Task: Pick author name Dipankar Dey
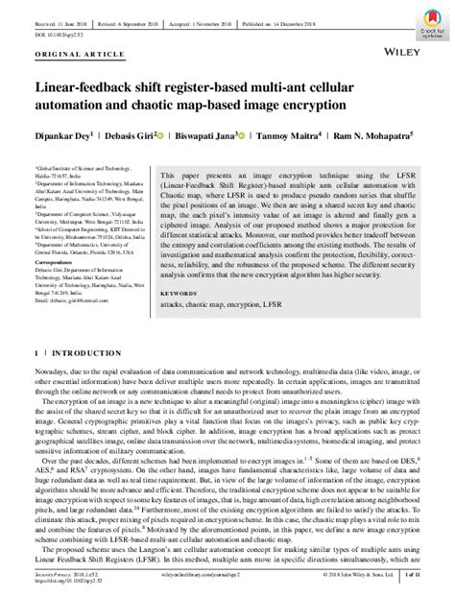60,137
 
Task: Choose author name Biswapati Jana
205,137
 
